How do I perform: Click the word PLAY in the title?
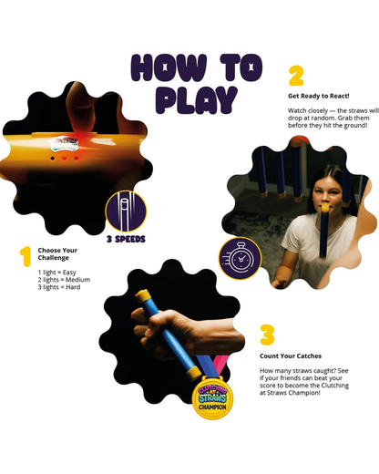196,99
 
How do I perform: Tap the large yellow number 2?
296,76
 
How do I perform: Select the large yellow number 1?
26,256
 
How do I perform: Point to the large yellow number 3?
267,335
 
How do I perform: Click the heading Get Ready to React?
319,96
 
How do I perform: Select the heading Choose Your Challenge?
57,254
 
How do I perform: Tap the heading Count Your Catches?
291,355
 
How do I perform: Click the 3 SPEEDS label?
126,239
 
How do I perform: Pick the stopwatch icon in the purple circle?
241,259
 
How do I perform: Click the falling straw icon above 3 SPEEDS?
126,211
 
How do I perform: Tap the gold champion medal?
213,397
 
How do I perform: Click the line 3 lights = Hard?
59,287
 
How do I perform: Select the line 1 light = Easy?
56,273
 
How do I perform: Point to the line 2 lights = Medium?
64,280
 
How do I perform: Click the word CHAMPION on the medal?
212,407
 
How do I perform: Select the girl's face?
327,194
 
